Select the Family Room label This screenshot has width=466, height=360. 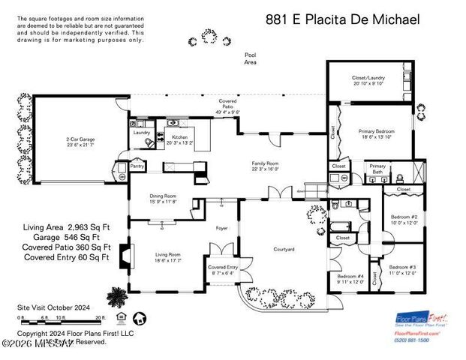(265, 166)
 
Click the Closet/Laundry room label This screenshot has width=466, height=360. (368, 80)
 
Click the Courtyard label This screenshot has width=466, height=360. (283, 248)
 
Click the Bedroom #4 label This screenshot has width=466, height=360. (350, 279)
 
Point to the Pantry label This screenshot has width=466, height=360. (137, 166)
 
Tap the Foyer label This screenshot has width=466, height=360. (222, 227)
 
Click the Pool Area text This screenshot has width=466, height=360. (250, 58)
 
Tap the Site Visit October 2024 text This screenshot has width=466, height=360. (53, 307)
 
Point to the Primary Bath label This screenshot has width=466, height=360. (377, 169)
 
